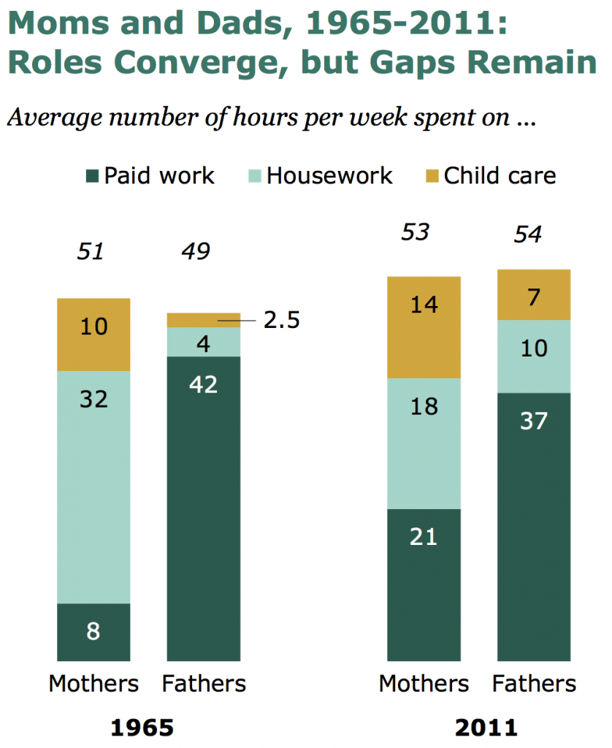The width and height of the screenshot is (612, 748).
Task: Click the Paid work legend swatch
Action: point(92,176)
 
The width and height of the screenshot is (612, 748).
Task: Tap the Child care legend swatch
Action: point(432,176)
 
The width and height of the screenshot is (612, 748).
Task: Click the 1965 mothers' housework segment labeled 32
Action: point(93,486)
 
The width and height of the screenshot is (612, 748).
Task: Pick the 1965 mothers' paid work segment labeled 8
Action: point(93,632)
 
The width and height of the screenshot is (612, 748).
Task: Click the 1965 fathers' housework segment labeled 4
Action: point(204,342)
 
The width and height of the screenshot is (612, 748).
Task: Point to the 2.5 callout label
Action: point(281,321)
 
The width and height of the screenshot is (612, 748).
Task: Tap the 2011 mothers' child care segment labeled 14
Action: point(424,327)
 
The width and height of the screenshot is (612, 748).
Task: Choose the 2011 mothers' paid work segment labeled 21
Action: point(424,584)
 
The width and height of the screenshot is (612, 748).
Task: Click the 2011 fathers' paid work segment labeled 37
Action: point(533,526)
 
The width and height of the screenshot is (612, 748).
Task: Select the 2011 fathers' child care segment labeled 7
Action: point(533,295)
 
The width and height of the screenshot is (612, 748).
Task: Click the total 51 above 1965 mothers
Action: point(91,252)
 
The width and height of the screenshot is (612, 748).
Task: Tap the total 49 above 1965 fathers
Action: point(195,252)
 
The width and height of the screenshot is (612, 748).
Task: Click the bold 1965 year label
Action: point(142,728)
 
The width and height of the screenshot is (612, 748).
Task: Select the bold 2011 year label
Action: point(486,728)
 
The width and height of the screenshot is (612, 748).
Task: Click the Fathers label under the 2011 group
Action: point(534,684)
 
